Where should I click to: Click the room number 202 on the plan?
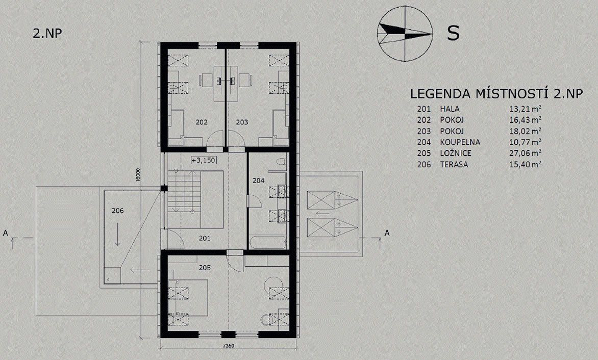[x=202, y=122]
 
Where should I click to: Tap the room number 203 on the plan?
[x=242, y=122]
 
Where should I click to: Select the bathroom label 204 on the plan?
[x=258, y=181]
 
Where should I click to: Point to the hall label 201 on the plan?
[x=205, y=239]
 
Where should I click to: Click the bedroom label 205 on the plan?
[x=205, y=268]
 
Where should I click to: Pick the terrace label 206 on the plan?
[x=117, y=211]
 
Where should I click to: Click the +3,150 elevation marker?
[x=204, y=161]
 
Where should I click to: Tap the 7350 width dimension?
[x=228, y=346]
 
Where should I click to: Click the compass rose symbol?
[x=405, y=34]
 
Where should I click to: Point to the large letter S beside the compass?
[x=453, y=34]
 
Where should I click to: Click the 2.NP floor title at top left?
[x=47, y=34]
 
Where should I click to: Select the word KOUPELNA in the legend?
[x=460, y=142]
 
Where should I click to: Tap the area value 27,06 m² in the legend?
[x=525, y=153]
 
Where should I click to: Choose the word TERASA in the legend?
[x=454, y=165]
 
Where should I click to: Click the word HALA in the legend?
[x=449, y=109]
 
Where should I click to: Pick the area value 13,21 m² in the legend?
[x=525, y=109]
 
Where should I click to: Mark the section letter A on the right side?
[x=387, y=233]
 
